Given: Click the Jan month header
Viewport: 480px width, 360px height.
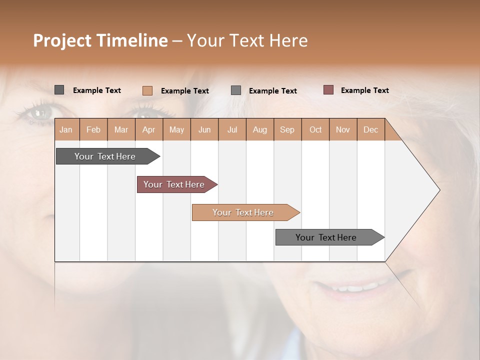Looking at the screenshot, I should (66, 129).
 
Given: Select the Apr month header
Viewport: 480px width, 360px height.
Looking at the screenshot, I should (148, 129).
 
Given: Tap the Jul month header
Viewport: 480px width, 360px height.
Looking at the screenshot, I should (232, 129).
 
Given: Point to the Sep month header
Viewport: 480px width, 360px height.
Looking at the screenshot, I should (287, 129).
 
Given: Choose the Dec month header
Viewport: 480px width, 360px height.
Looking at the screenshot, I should (370, 129).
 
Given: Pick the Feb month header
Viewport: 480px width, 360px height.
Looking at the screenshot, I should (93, 129).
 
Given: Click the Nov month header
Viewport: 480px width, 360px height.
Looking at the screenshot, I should (342, 129).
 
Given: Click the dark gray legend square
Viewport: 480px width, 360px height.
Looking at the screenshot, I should (59, 90).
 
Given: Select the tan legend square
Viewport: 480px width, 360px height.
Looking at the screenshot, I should (147, 90).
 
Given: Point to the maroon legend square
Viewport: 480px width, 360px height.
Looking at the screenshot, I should (328, 90).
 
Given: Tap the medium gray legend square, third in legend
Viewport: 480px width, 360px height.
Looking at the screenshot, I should (236, 90).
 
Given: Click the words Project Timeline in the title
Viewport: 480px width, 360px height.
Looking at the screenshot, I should (100, 40).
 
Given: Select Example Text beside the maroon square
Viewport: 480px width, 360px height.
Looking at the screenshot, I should (364, 90).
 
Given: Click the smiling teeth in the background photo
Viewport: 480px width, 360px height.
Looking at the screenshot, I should (350, 288).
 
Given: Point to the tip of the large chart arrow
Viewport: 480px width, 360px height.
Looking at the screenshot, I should (439, 190).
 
